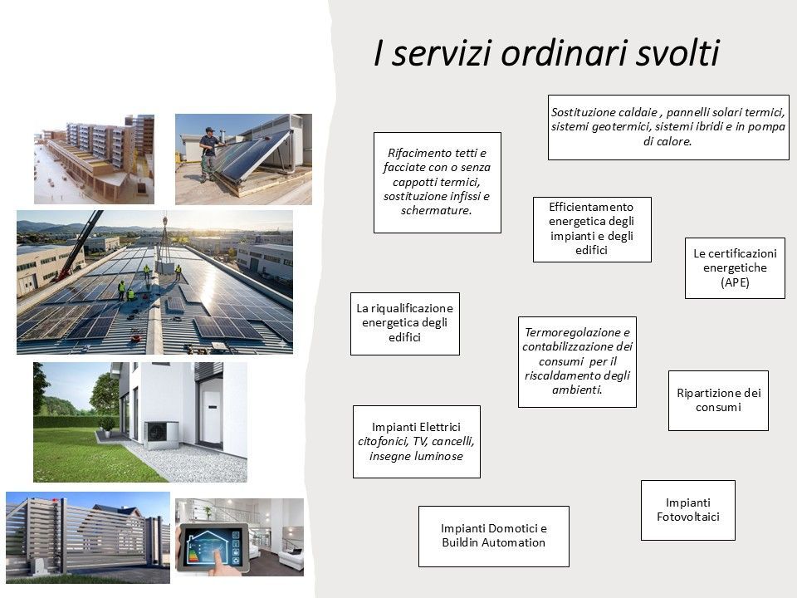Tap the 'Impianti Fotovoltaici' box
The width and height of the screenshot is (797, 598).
pyautogui.click(x=687, y=510)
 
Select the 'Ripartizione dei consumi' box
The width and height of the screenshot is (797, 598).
pyautogui.click(x=718, y=400)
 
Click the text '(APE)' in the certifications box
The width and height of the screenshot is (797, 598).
pyautogui.click(x=735, y=282)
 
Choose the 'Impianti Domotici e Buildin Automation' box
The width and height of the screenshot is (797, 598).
pyautogui.click(x=493, y=536)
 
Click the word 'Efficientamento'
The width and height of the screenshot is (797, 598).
pyautogui.click(x=591, y=207)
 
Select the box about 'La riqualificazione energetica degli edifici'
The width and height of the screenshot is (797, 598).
pyautogui.click(x=404, y=323)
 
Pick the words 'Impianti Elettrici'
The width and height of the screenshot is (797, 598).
pyautogui.click(x=416, y=427)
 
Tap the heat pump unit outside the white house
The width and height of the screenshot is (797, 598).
pyautogui.click(x=161, y=434)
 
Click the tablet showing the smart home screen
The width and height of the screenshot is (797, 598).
pyautogui.click(x=213, y=547)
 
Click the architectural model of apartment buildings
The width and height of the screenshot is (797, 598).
pyautogui.click(x=94, y=159)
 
